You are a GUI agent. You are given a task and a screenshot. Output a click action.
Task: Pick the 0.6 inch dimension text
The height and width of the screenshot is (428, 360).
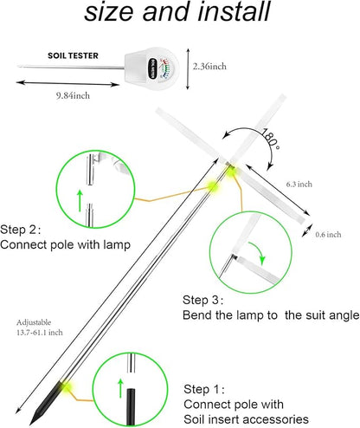pos(330,234)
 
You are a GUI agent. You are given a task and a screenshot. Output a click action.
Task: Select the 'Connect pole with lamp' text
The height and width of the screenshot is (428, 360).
pos(66,245)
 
